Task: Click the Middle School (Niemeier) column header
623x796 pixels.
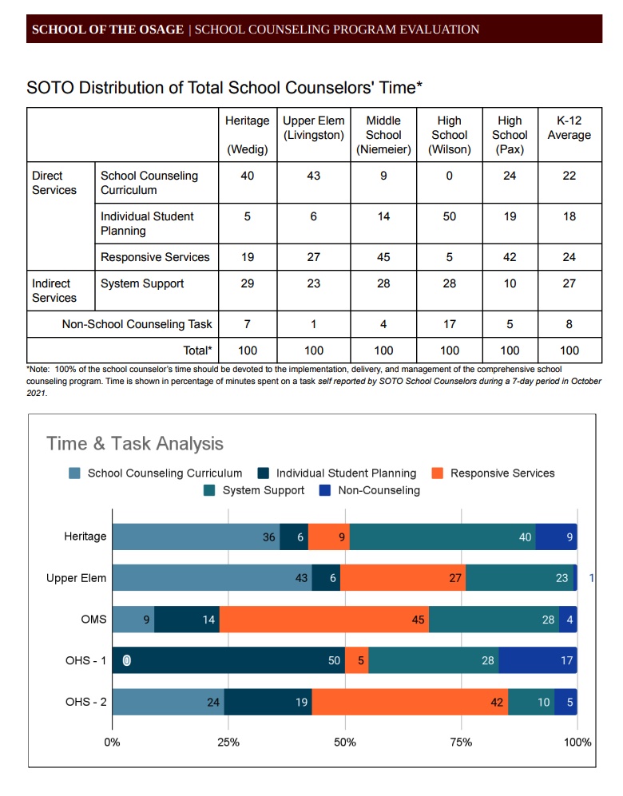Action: click(x=383, y=135)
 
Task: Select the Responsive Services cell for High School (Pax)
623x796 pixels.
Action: click(x=510, y=257)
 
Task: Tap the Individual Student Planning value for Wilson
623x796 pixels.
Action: click(x=449, y=216)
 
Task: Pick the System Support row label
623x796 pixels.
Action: click(x=142, y=283)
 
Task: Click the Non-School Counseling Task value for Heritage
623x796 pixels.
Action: click(x=248, y=324)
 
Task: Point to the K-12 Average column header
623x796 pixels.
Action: click(x=569, y=128)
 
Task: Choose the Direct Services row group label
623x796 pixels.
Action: click(x=54, y=183)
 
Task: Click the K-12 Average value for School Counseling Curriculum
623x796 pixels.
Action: click(x=569, y=176)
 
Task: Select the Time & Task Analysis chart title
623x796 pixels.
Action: click(x=135, y=444)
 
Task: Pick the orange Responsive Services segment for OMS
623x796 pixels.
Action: click(x=323, y=620)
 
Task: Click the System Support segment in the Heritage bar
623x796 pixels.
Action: click(x=442, y=537)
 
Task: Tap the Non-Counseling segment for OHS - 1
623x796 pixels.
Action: click(x=538, y=660)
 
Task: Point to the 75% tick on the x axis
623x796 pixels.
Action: click(x=461, y=743)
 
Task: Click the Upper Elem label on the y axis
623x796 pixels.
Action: click(x=76, y=578)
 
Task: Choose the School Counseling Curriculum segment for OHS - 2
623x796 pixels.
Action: click(x=168, y=702)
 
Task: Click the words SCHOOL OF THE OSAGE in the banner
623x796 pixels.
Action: click(x=107, y=30)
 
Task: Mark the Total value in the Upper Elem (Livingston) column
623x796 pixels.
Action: click(x=313, y=350)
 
